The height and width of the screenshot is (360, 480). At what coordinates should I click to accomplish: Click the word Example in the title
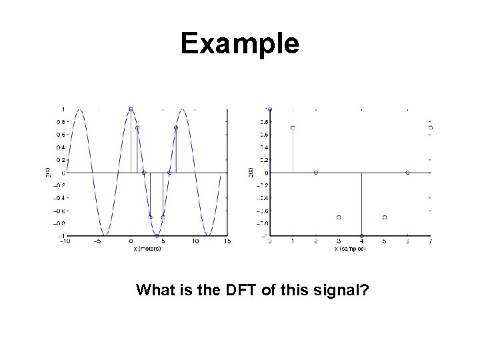click(x=240, y=44)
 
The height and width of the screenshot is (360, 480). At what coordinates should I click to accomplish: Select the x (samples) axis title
click(x=350, y=249)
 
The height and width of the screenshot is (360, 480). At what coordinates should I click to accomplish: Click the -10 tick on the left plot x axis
click(x=65, y=242)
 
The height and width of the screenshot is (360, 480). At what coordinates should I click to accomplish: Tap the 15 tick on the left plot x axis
click(x=227, y=242)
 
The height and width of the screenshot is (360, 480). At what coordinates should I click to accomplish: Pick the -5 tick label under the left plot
click(x=97, y=242)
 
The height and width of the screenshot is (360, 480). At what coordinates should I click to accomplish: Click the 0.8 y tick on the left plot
click(x=59, y=122)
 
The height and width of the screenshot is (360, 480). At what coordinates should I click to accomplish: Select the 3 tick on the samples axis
click(x=339, y=242)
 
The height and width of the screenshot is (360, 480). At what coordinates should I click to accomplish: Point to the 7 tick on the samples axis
click(x=431, y=242)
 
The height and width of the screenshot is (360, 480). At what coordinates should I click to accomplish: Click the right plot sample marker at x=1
click(x=293, y=128)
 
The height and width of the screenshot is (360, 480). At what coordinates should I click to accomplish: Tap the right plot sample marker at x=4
click(x=361, y=236)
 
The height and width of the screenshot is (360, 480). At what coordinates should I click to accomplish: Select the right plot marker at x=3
click(x=339, y=217)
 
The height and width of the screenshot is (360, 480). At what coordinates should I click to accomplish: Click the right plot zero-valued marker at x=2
click(x=316, y=173)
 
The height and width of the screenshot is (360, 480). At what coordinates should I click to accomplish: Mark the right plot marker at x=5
click(x=385, y=217)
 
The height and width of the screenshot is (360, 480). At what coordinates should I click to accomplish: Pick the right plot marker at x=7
click(x=431, y=128)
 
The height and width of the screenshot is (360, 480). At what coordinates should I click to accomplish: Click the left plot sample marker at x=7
click(x=176, y=128)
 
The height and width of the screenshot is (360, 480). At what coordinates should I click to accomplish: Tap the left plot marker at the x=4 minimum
click(x=157, y=236)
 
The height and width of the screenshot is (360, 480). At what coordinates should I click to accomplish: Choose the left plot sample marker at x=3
click(x=150, y=217)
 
